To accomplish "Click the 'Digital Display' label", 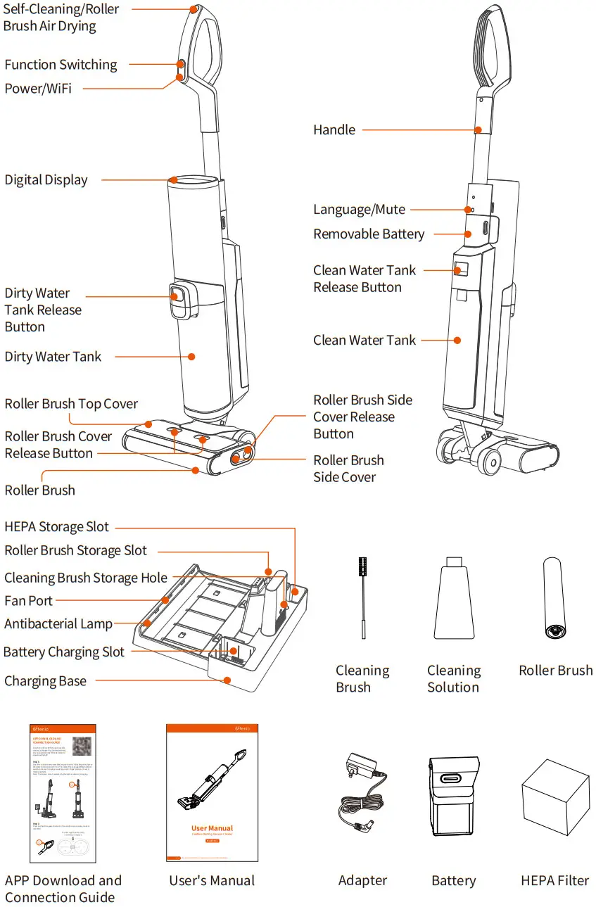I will pos(46,179).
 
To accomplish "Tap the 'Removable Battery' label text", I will pos(369,234).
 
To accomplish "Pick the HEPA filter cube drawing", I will pos(554,799).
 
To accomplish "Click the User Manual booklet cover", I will pos(212,792).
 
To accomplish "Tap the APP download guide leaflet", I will pos(63,792).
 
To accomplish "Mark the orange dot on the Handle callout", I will pos(478,130).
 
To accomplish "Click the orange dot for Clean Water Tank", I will pos(457,341).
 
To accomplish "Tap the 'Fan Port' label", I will pos(29,600).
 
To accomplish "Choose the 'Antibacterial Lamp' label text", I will pos(58,624).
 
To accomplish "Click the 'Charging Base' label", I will pos(46,681).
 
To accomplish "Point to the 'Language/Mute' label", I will pos(359,210).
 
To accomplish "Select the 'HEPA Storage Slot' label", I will pos(57,527).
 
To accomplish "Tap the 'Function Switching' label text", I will pos(61,65).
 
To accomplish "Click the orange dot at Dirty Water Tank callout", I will pos(191,357).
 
